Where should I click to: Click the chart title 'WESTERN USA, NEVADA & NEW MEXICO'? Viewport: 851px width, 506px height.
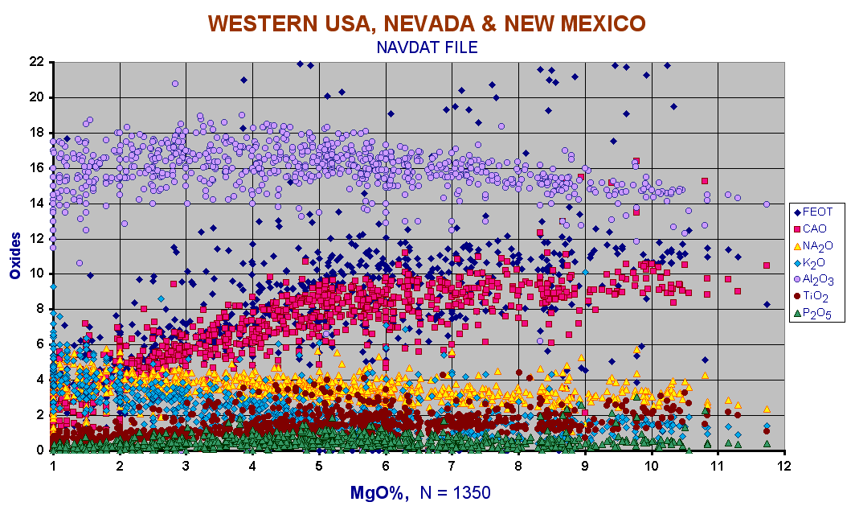[427, 23]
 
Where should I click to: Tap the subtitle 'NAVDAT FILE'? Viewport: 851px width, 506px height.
[427, 47]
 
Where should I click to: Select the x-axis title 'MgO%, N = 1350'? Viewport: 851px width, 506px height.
[419, 492]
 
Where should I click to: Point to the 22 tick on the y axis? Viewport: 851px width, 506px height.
[36, 62]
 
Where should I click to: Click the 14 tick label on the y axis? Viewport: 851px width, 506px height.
[36, 204]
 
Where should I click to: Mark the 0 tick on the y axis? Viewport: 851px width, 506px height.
[40, 450]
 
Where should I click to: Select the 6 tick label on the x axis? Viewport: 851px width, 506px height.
[386, 466]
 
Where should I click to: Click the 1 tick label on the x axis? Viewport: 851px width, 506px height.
[53, 466]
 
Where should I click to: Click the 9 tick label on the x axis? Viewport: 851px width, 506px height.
[585, 466]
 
